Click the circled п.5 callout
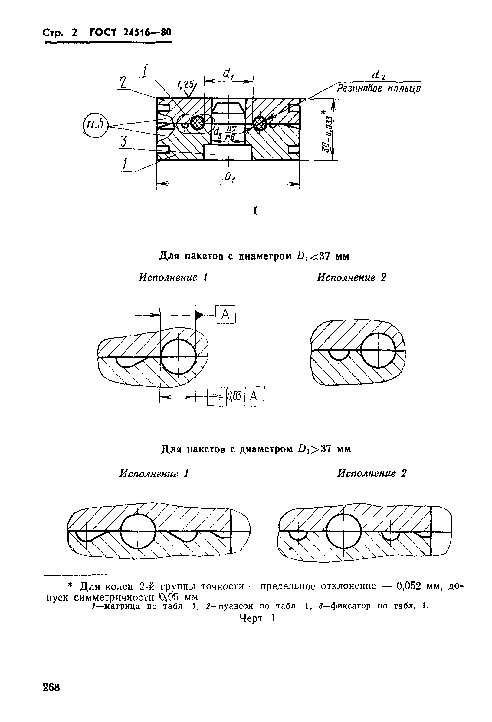(x=95, y=125)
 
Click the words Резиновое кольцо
(x=379, y=89)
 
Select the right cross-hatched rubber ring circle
(x=260, y=124)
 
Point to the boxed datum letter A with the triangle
(x=226, y=315)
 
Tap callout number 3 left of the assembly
(x=124, y=142)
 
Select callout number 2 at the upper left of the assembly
(x=123, y=83)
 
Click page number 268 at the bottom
(x=51, y=687)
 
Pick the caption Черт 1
(x=257, y=618)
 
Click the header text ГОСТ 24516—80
(x=130, y=32)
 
